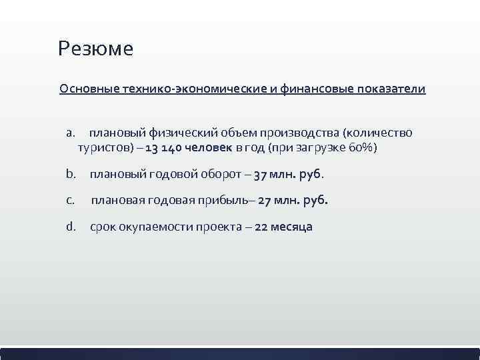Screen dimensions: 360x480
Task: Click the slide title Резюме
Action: [x=95, y=49]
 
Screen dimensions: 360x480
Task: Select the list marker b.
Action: [x=71, y=174]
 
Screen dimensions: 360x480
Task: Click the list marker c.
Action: [x=71, y=200]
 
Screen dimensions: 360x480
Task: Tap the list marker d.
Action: [x=71, y=227]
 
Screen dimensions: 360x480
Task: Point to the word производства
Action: [x=297, y=133]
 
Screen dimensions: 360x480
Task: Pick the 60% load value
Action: [x=361, y=147]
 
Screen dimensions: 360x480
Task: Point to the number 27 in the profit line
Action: [x=265, y=200]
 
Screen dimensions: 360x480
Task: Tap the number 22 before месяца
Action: [x=261, y=227]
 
